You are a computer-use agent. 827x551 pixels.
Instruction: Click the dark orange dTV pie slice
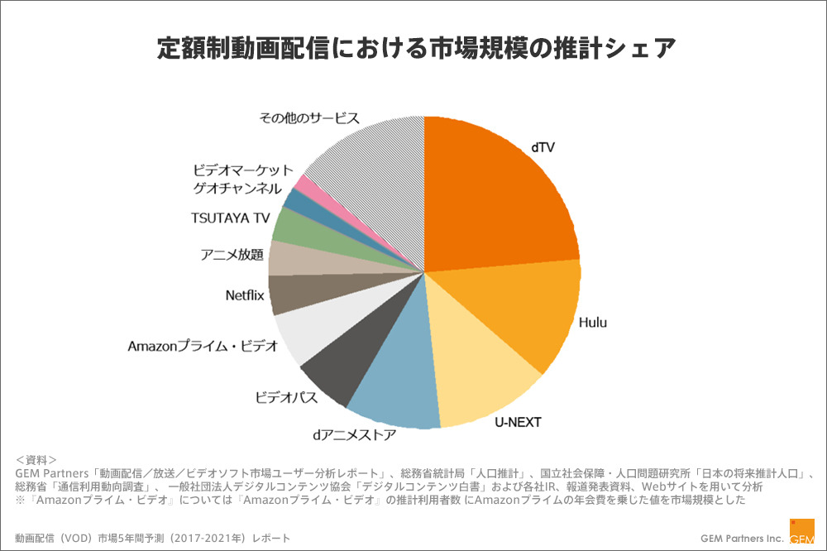tap(496, 199)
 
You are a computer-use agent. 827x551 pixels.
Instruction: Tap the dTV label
tap(543, 147)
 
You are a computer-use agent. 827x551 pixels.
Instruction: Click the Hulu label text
tap(592, 322)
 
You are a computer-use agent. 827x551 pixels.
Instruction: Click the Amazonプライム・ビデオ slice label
tap(203, 346)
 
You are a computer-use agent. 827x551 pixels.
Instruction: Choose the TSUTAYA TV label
tap(231, 218)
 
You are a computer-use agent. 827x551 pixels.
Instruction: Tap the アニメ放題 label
tap(232, 255)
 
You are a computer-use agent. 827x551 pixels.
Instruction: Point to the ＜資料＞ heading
tap(36, 459)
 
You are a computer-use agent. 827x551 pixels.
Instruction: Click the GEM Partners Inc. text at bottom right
tap(742, 538)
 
